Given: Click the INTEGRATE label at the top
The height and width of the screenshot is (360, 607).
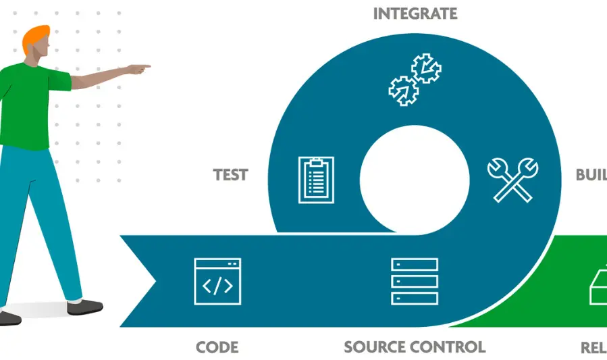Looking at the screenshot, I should click(x=415, y=14).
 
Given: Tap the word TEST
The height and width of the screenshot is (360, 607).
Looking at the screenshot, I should click(x=231, y=175).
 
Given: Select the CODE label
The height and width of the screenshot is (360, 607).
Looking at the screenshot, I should click(x=217, y=347).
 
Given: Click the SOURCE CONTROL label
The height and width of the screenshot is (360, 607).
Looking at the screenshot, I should click(x=415, y=347).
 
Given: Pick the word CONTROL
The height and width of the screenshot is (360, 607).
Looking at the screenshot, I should click(x=452, y=347).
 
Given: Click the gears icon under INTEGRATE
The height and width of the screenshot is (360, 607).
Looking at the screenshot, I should click(x=415, y=80).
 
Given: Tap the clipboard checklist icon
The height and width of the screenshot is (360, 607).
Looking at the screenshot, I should click(x=316, y=179).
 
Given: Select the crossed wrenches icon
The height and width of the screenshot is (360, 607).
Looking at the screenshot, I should click(x=512, y=179).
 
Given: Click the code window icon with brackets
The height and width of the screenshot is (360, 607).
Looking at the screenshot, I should click(x=217, y=280).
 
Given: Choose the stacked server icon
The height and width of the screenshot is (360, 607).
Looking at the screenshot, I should click(x=415, y=281).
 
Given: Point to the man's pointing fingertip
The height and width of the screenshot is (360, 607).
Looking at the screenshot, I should click(x=148, y=66).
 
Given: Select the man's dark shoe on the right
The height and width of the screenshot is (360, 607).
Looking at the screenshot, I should click(x=86, y=307).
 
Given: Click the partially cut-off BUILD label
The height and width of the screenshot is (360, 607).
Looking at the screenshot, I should click(x=591, y=175).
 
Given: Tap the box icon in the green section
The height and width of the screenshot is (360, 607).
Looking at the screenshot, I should click(x=598, y=287).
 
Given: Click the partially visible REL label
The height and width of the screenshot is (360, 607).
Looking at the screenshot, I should click(x=593, y=348).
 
